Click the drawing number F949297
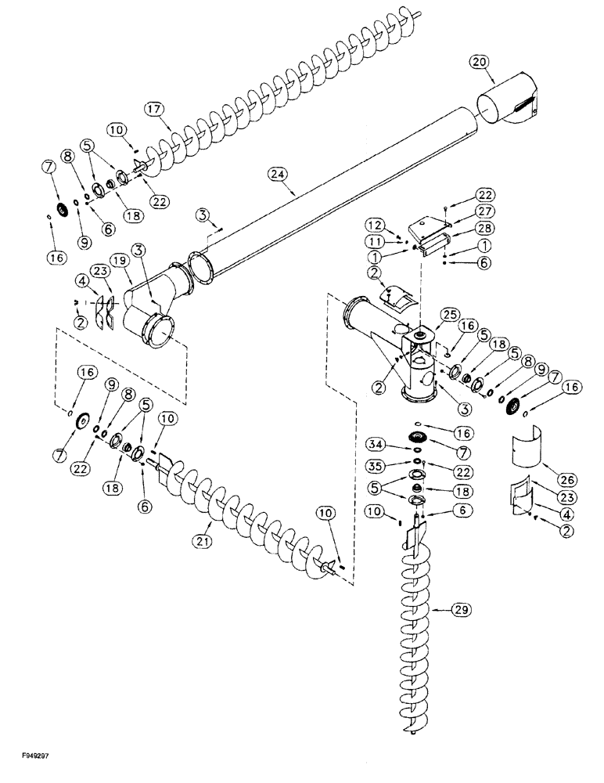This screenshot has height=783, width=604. click(x=31, y=770)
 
